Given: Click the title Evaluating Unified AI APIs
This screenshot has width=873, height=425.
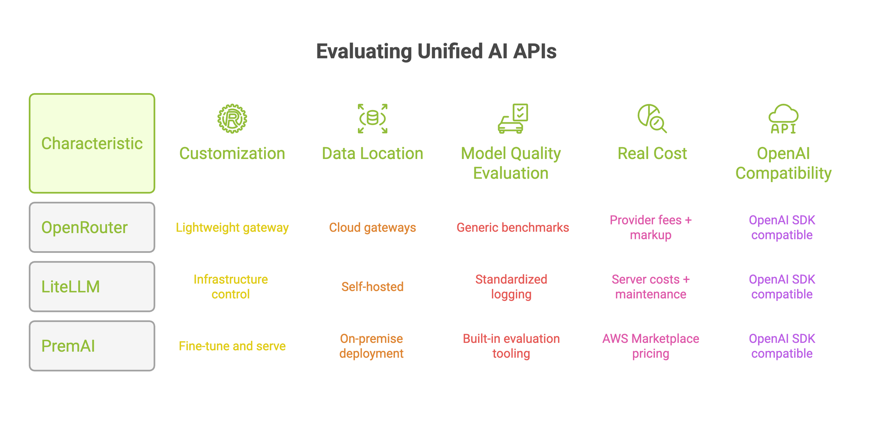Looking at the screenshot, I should [x=436, y=51].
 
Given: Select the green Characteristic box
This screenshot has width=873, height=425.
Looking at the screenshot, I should [x=92, y=143].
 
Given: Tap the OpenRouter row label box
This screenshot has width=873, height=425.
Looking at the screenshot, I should [x=92, y=227].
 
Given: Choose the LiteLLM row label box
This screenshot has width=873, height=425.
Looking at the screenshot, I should [x=92, y=287].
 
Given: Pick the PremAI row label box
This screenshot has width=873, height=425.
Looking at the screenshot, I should [x=92, y=346].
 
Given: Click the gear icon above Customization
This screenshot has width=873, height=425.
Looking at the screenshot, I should [x=232, y=118].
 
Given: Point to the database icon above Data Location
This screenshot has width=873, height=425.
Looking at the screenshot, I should [x=372, y=118].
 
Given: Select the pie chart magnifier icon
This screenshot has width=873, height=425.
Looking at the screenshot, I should [x=652, y=118].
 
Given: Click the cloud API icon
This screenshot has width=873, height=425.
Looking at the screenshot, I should [x=784, y=118].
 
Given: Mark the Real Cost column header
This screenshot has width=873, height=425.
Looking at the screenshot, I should [x=652, y=153].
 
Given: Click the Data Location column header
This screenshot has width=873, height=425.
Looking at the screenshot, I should [x=372, y=153].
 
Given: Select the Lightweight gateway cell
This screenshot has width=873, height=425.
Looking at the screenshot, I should [x=232, y=228].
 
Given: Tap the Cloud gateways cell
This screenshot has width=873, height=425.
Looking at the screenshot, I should [x=372, y=228].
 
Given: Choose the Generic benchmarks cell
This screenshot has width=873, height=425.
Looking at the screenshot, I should [x=513, y=228].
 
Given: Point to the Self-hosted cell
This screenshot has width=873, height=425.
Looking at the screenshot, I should [x=372, y=287].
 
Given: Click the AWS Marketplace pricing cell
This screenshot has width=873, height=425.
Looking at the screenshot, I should [x=651, y=346].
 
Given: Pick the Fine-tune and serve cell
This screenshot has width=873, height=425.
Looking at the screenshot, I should [x=232, y=346].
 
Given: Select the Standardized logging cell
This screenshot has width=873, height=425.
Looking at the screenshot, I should [x=511, y=287].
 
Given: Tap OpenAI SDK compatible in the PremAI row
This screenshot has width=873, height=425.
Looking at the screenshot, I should [x=782, y=346].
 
